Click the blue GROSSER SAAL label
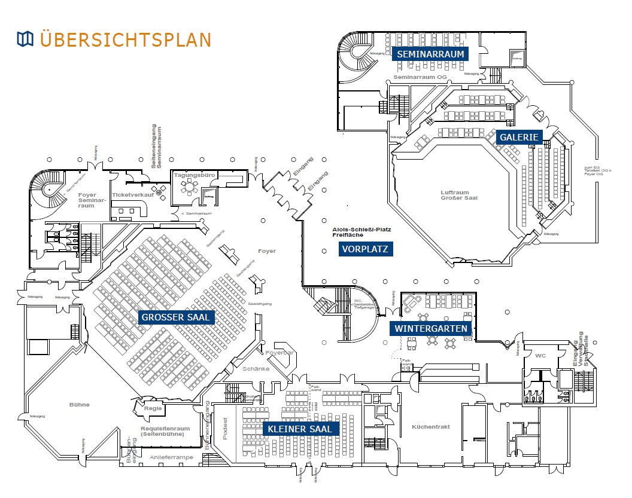click(x=176, y=317)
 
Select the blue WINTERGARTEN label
click(x=430, y=328)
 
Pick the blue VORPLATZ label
click(x=366, y=249)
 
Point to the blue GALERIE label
click(x=519, y=137)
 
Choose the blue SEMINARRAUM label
click(x=430, y=54)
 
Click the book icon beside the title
click(x=25, y=39)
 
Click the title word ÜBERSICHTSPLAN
click(x=126, y=39)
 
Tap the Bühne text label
click(x=79, y=405)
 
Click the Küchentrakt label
click(x=431, y=427)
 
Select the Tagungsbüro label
click(x=190, y=175)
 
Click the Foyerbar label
click(x=281, y=353)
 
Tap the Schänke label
click(x=256, y=369)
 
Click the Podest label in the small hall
click(x=226, y=429)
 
